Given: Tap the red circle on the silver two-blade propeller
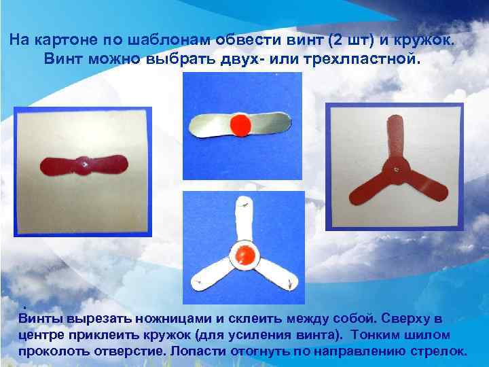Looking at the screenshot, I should pyautogui.click(x=240, y=124).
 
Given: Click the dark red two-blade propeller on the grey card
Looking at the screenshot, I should pyautogui.click(x=86, y=164).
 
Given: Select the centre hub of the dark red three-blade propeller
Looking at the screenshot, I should pyautogui.click(x=395, y=167).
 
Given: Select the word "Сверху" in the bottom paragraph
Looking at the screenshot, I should pyautogui.click(x=404, y=318).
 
